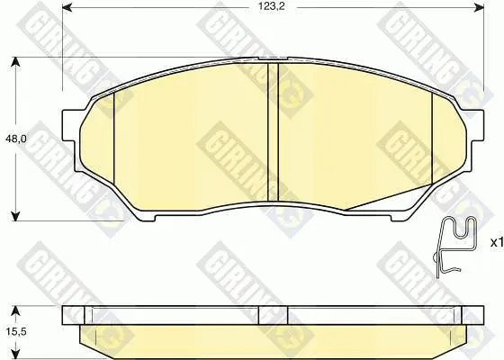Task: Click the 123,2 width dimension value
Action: [272, 7]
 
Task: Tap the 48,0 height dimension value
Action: [16, 139]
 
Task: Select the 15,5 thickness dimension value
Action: [16, 331]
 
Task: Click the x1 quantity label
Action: [496, 243]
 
